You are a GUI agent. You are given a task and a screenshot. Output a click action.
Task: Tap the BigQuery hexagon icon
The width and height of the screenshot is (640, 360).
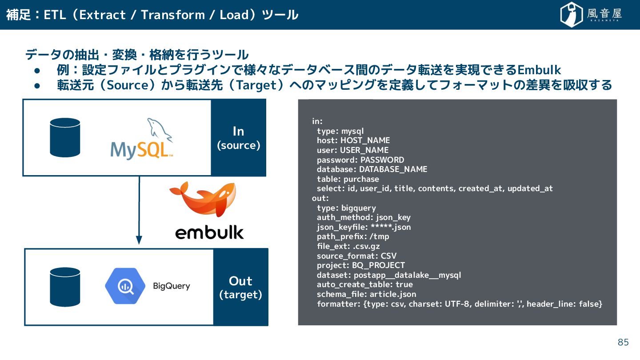click(x=125, y=286)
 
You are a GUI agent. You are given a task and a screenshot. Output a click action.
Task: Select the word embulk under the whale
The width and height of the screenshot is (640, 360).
click(x=209, y=232)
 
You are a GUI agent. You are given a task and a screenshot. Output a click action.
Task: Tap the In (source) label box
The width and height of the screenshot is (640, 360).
click(x=239, y=138)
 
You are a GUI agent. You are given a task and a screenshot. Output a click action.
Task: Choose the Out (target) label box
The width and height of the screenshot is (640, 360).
click(x=241, y=287)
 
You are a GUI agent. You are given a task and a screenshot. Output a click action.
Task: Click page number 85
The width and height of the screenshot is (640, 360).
click(x=623, y=342)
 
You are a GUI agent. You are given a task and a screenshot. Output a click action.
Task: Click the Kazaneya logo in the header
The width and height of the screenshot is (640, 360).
click(x=591, y=15)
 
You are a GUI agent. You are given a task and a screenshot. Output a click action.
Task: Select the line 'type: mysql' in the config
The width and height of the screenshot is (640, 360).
click(x=340, y=131)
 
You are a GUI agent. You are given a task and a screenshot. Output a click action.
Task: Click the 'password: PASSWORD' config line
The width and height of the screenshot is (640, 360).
click(x=360, y=160)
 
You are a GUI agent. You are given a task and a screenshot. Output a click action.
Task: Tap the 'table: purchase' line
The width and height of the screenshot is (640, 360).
click(x=348, y=179)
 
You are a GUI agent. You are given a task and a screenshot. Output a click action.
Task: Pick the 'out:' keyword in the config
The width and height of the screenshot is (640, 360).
click(x=320, y=198)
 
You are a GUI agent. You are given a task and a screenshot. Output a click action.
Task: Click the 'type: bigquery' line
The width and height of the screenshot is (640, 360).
click(x=346, y=208)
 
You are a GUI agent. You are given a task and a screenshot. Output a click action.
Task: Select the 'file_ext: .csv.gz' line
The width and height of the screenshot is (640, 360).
click(x=348, y=246)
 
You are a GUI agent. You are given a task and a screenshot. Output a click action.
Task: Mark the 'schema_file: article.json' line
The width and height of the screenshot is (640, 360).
click(x=366, y=294)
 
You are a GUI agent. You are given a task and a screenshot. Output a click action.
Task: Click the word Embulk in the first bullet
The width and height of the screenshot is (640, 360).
click(x=539, y=70)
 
